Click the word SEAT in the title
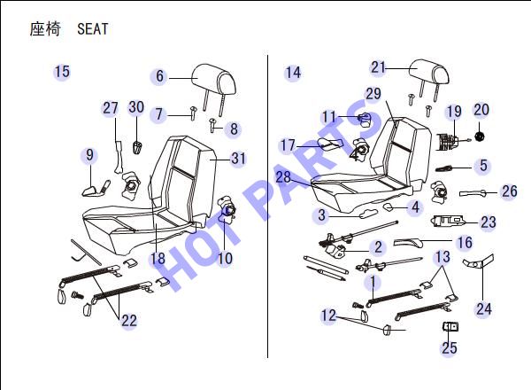tap(93, 29)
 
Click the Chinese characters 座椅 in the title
tap(45, 29)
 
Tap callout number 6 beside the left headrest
tap(159, 76)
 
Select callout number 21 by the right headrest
tap(378, 67)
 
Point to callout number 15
tap(62, 72)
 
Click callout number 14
tap(293, 73)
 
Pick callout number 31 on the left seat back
tap(238, 159)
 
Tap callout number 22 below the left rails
tap(129, 321)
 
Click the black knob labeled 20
tap(479, 136)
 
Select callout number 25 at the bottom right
tap(450, 347)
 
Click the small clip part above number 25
tap(450, 326)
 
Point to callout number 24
tap(484, 308)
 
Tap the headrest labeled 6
tap(214, 80)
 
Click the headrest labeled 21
tap(429, 72)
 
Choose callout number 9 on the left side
tap(89, 154)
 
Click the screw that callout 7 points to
tap(193, 113)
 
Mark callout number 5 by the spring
tap(483, 166)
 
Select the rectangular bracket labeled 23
tap(448, 221)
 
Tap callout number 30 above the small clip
tap(136, 107)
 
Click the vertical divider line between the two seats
tap(267, 207)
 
